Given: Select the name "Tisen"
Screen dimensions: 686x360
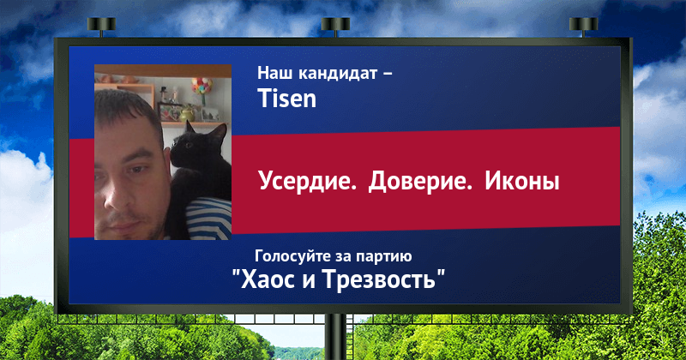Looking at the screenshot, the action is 286,98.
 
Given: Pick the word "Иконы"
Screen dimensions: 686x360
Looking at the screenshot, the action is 522,181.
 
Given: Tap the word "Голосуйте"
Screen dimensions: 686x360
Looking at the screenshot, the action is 291,256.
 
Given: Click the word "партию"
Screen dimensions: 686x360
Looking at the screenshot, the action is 383,257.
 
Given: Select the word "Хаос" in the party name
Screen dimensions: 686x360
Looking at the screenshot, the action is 267,279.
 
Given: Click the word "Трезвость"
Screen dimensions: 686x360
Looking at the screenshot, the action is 379,279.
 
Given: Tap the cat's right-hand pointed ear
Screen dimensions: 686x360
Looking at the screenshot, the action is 221,131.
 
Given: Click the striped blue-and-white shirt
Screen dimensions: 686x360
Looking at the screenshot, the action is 208,219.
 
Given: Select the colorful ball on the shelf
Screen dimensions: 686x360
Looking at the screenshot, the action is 202,86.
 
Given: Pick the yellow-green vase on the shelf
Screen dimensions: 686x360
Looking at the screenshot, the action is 187,114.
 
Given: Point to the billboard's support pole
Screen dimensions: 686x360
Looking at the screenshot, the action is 336,337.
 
